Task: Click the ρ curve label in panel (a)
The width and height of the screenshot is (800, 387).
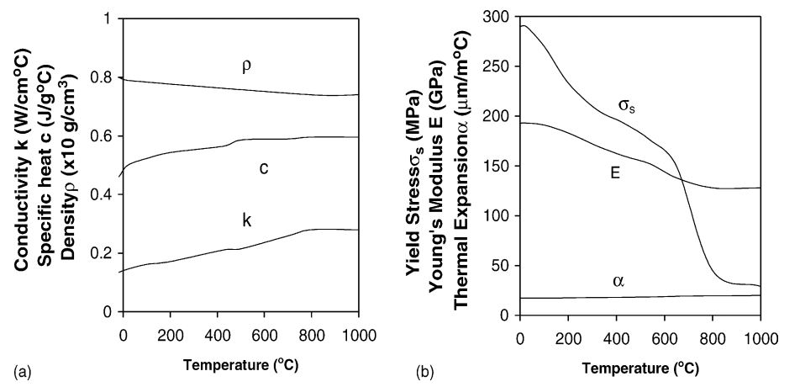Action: pos(246,66)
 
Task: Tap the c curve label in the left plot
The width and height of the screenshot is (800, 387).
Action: pos(263,168)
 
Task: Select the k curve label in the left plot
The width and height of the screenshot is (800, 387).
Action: pos(247,220)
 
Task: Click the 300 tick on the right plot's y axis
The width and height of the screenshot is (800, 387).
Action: pos(501,18)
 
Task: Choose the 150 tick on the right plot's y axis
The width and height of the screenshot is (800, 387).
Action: pos(501,167)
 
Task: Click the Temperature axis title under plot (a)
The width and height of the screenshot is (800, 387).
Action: pos(240,366)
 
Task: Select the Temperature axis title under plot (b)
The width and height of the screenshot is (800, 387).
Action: pos(639,368)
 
